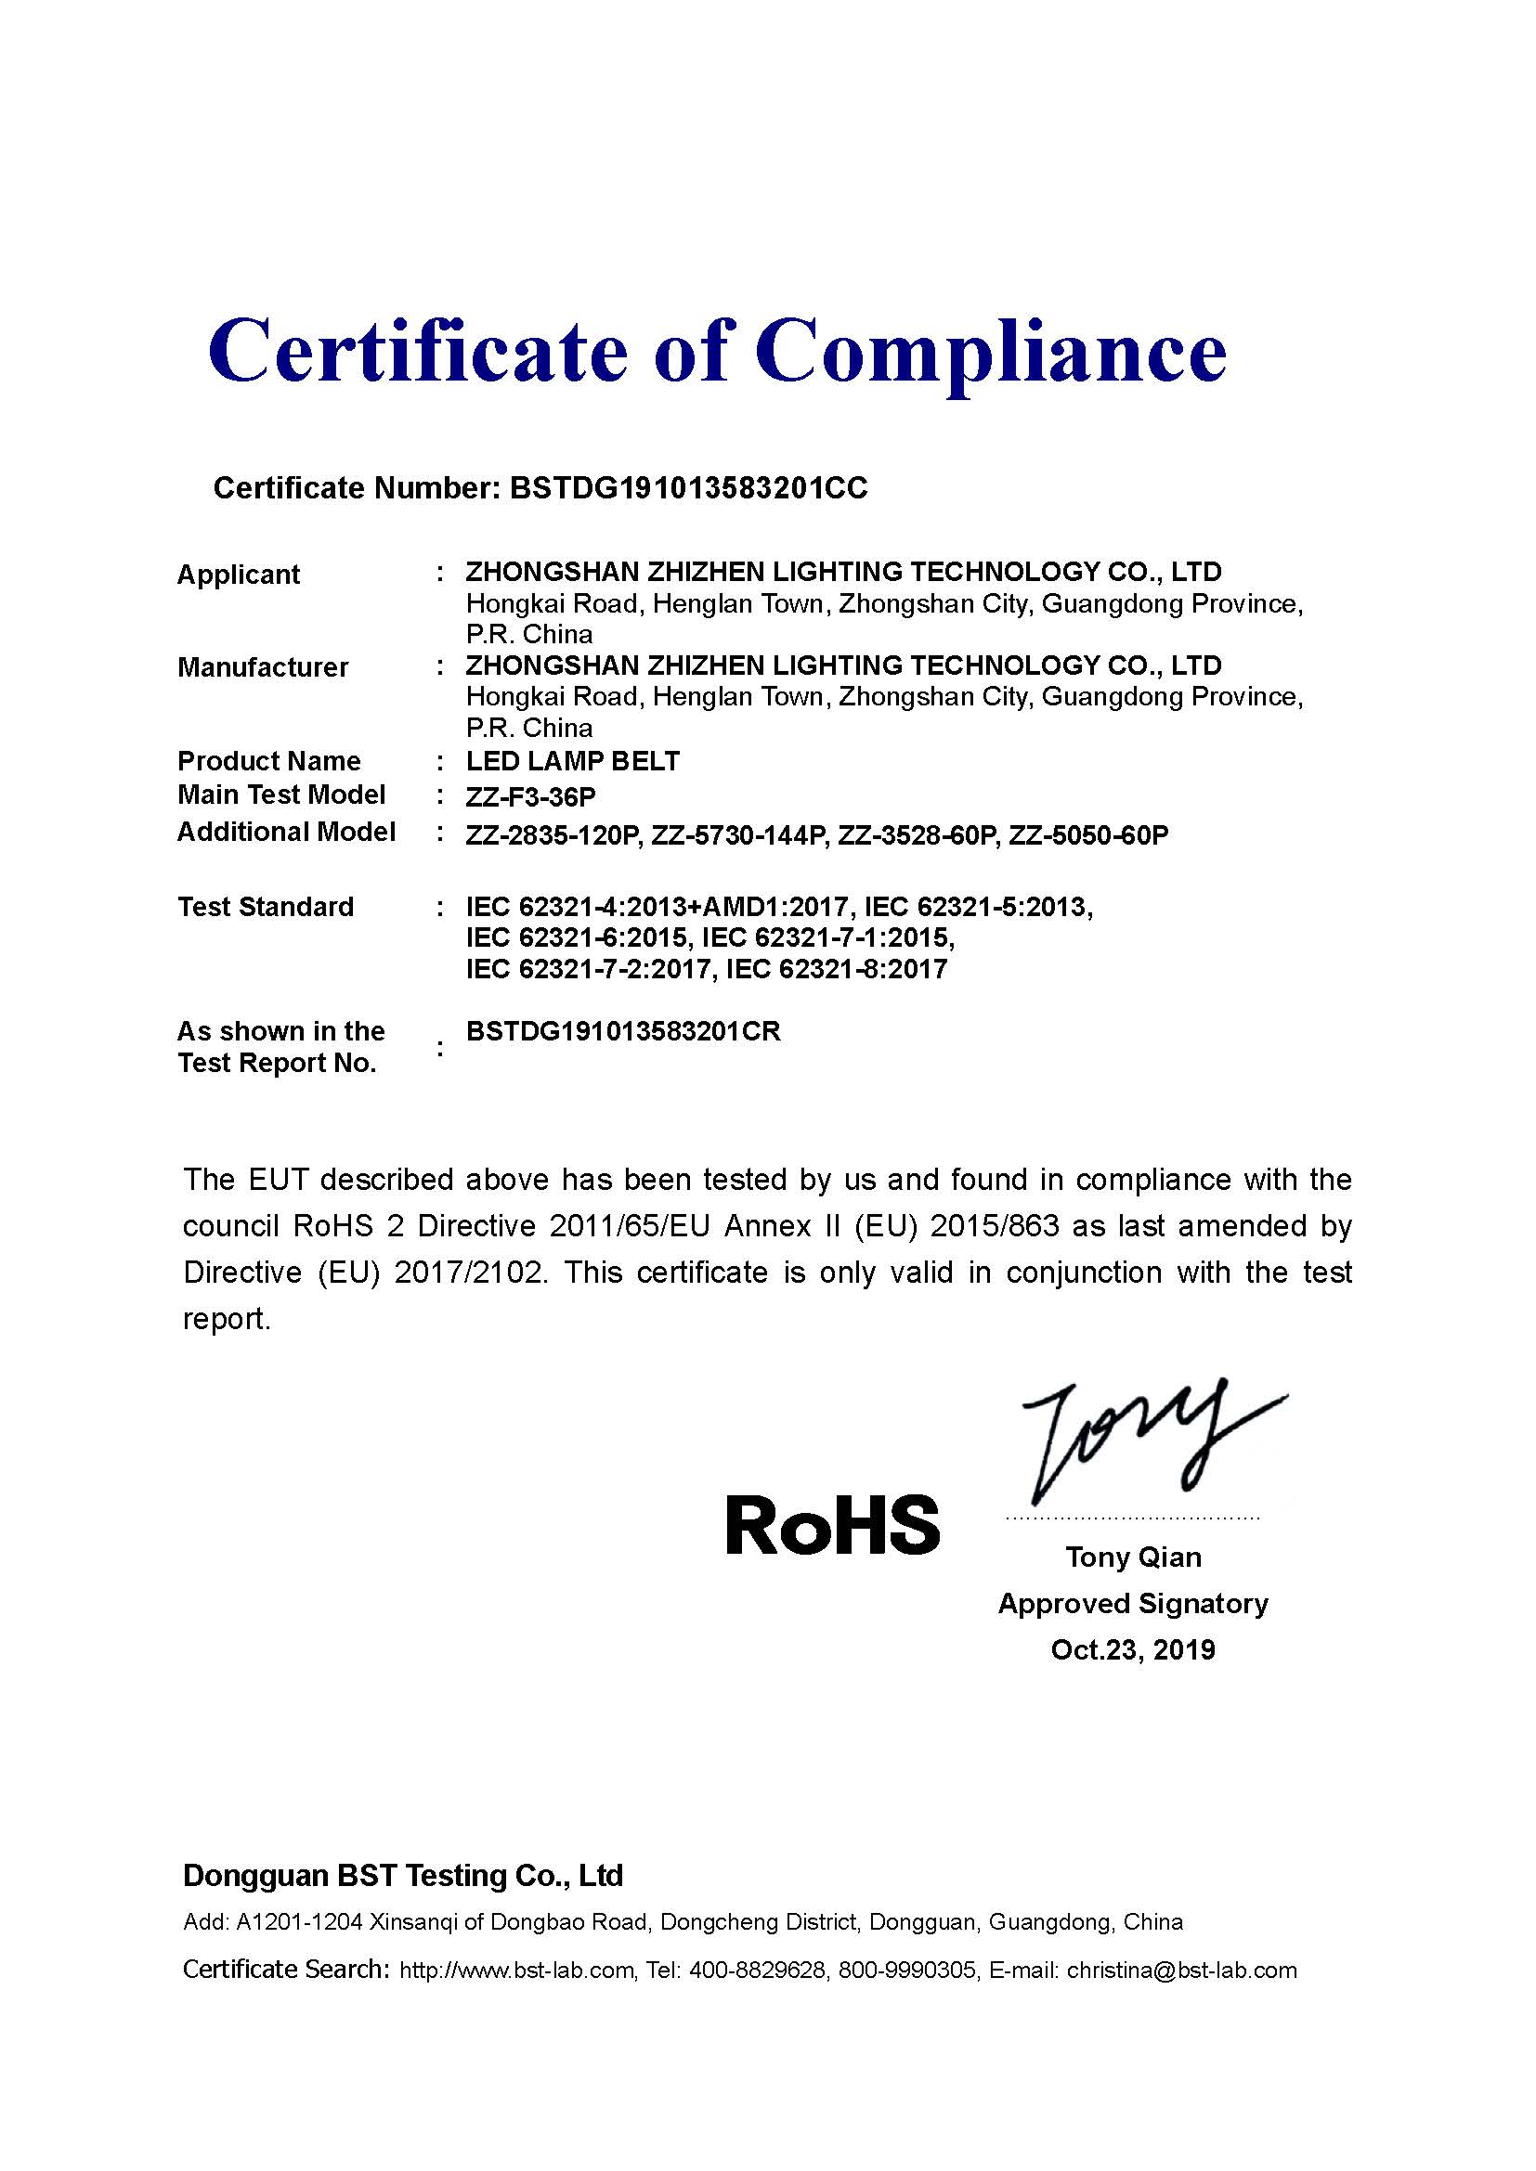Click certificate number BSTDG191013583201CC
[687, 488]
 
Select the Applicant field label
[239, 574]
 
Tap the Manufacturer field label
[263, 667]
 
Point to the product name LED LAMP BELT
[572, 761]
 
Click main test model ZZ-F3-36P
[530, 797]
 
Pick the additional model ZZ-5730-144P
[737, 836]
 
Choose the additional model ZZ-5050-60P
[1087, 836]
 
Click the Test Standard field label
[266, 907]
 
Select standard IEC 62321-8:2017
[836, 969]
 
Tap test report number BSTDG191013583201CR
[623, 1031]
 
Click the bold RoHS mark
[832, 1525]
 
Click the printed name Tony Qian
[1133, 1557]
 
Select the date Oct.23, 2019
[1133, 1650]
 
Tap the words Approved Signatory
[1133, 1604]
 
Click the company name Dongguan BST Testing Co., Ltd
[403, 1876]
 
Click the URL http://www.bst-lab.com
[516, 1971]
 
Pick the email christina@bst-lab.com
[1181, 1971]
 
